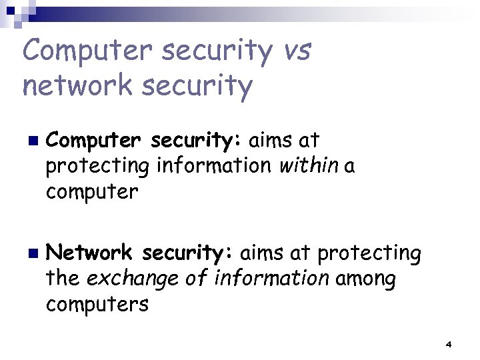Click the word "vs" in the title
click(x=295, y=51)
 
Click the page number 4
click(x=448, y=344)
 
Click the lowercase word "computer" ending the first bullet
click(x=92, y=192)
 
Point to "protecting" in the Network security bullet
click(x=369, y=254)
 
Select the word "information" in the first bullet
click(x=214, y=166)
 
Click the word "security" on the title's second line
click(x=203, y=85)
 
